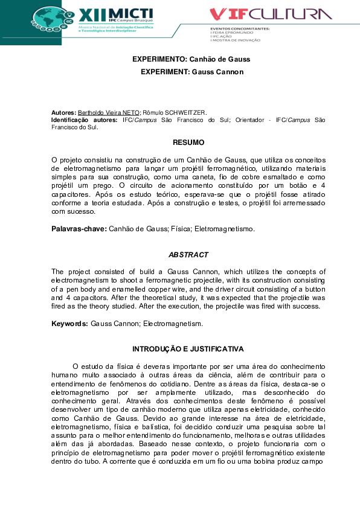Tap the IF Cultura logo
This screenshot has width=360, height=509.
[270, 13]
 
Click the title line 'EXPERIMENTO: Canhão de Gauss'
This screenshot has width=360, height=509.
[191, 59]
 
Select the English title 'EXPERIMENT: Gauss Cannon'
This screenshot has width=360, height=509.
[191, 72]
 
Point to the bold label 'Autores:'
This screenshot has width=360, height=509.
[64, 113]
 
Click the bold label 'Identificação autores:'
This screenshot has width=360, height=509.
[85, 120]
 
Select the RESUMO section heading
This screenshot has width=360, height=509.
[188, 143]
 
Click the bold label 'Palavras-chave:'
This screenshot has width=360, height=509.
[79, 229]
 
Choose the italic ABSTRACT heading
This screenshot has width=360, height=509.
[188, 255]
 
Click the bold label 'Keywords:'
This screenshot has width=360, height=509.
[69, 324]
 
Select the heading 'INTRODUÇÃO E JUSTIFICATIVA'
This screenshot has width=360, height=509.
[188, 349]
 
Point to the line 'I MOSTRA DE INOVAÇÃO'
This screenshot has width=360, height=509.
[236, 40]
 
